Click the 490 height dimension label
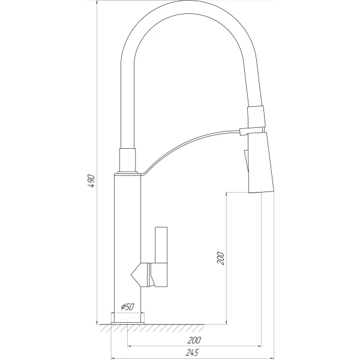tap(91, 181)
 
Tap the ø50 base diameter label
tap(127, 307)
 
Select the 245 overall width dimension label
tap(192, 352)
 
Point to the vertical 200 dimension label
tap(220, 258)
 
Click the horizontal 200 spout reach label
tap(194, 340)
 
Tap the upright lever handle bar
tap(161, 245)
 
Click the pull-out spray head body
tap(261, 163)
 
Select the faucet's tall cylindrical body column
tap(127, 248)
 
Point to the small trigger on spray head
tap(246, 161)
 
